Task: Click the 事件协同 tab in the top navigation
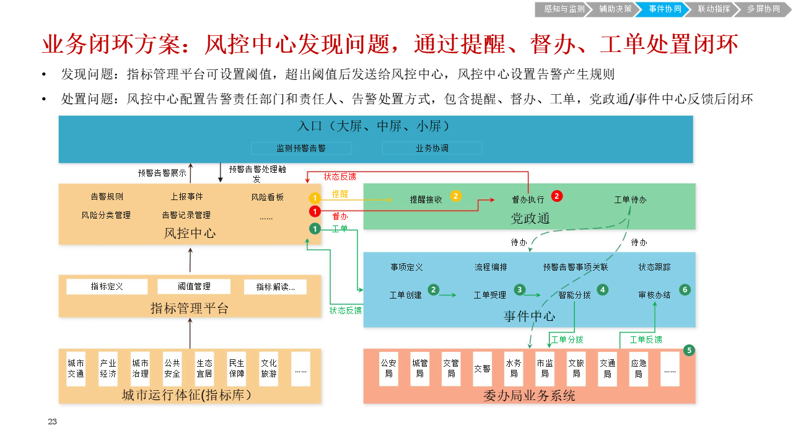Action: click(x=665, y=9)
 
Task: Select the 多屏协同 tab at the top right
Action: click(x=763, y=9)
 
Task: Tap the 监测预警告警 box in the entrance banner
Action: click(x=301, y=149)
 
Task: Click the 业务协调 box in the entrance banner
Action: click(x=432, y=149)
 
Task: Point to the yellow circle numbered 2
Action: click(x=456, y=196)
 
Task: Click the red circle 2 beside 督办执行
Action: click(x=557, y=196)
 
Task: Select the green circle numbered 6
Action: click(x=685, y=289)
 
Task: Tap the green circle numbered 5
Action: click(x=689, y=350)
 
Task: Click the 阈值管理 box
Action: click(x=194, y=286)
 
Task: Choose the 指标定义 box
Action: click(x=107, y=286)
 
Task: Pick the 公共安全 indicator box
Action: click(x=172, y=369)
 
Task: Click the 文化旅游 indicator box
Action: click(x=269, y=369)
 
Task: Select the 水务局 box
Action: click(x=514, y=369)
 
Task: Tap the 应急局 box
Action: click(x=639, y=369)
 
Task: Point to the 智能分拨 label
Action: click(x=574, y=295)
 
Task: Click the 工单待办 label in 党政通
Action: click(x=631, y=200)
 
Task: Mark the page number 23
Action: click(x=52, y=422)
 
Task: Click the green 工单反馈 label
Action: click(x=646, y=339)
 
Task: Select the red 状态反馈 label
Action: click(x=340, y=177)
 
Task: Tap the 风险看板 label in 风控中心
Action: click(x=267, y=197)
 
